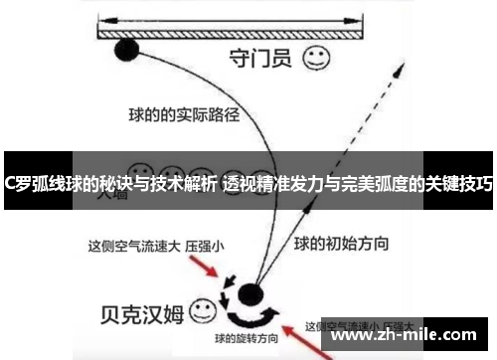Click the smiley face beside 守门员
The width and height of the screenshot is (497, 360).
point(317,58)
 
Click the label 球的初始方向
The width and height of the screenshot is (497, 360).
point(342,242)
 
